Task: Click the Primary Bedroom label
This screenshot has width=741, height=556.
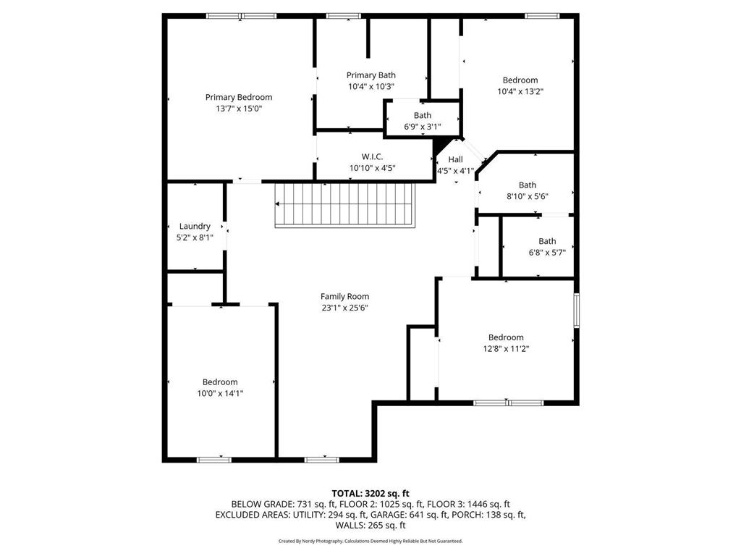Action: pyautogui.click(x=239, y=97)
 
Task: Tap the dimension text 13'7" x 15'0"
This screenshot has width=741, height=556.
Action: pyautogui.click(x=239, y=109)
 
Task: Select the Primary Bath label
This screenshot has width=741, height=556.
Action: pyautogui.click(x=371, y=75)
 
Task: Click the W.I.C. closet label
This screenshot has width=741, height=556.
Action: pyautogui.click(x=372, y=156)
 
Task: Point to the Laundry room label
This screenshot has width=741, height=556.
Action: pyautogui.click(x=195, y=226)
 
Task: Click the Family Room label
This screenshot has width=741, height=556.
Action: pyautogui.click(x=345, y=296)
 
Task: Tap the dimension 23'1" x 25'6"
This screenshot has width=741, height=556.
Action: pyautogui.click(x=345, y=308)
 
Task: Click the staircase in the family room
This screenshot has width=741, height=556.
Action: pyautogui.click(x=344, y=205)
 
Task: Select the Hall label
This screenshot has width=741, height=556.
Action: pyautogui.click(x=455, y=159)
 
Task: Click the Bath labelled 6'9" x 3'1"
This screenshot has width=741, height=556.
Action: pyautogui.click(x=423, y=115)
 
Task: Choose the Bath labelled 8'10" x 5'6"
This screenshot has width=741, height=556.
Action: pyautogui.click(x=528, y=185)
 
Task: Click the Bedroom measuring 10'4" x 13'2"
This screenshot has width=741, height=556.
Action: pyautogui.click(x=520, y=80)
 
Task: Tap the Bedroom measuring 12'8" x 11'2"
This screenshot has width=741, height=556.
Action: pyautogui.click(x=506, y=337)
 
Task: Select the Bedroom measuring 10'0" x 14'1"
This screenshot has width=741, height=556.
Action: pyautogui.click(x=220, y=382)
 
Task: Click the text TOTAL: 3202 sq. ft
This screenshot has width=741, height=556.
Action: pyautogui.click(x=370, y=492)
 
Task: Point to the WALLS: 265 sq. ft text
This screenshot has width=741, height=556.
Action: pyautogui.click(x=370, y=526)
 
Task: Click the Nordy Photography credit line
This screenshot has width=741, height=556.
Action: pyautogui.click(x=370, y=541)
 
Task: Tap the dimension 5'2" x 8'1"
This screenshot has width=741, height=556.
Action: pyautogui.click(x=195, y=237)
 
